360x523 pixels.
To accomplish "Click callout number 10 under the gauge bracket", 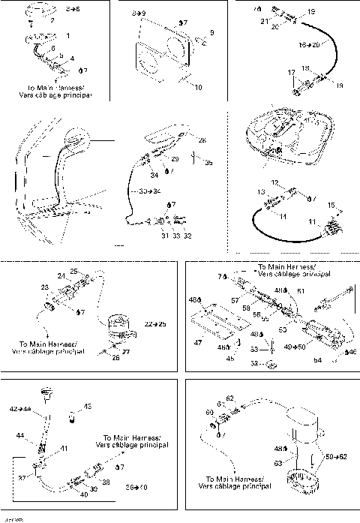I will [198, 88].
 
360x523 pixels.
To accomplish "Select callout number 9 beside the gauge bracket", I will [212, 33].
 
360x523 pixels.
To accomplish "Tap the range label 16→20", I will [308, 45].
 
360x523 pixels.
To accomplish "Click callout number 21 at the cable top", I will [265, 22].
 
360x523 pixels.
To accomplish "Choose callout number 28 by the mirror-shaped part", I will [202, 140].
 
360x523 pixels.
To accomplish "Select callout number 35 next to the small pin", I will [208, 162].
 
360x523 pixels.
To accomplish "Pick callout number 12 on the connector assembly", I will [274, 182].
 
